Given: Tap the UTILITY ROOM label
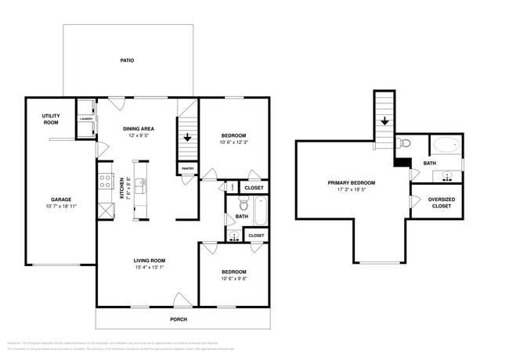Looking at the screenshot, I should (51, 119).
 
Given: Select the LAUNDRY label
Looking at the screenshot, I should (85, 119).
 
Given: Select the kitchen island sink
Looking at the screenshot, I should (141, 185).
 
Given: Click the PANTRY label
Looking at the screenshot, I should (188, 167).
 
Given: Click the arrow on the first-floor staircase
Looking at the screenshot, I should (188, 138).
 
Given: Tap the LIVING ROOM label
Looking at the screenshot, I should (147, 261).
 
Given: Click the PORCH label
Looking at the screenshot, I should (179, 319).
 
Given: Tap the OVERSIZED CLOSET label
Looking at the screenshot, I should (442, 202).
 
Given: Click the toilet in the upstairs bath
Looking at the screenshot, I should (403, 143).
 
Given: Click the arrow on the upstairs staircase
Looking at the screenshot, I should (384, 121).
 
